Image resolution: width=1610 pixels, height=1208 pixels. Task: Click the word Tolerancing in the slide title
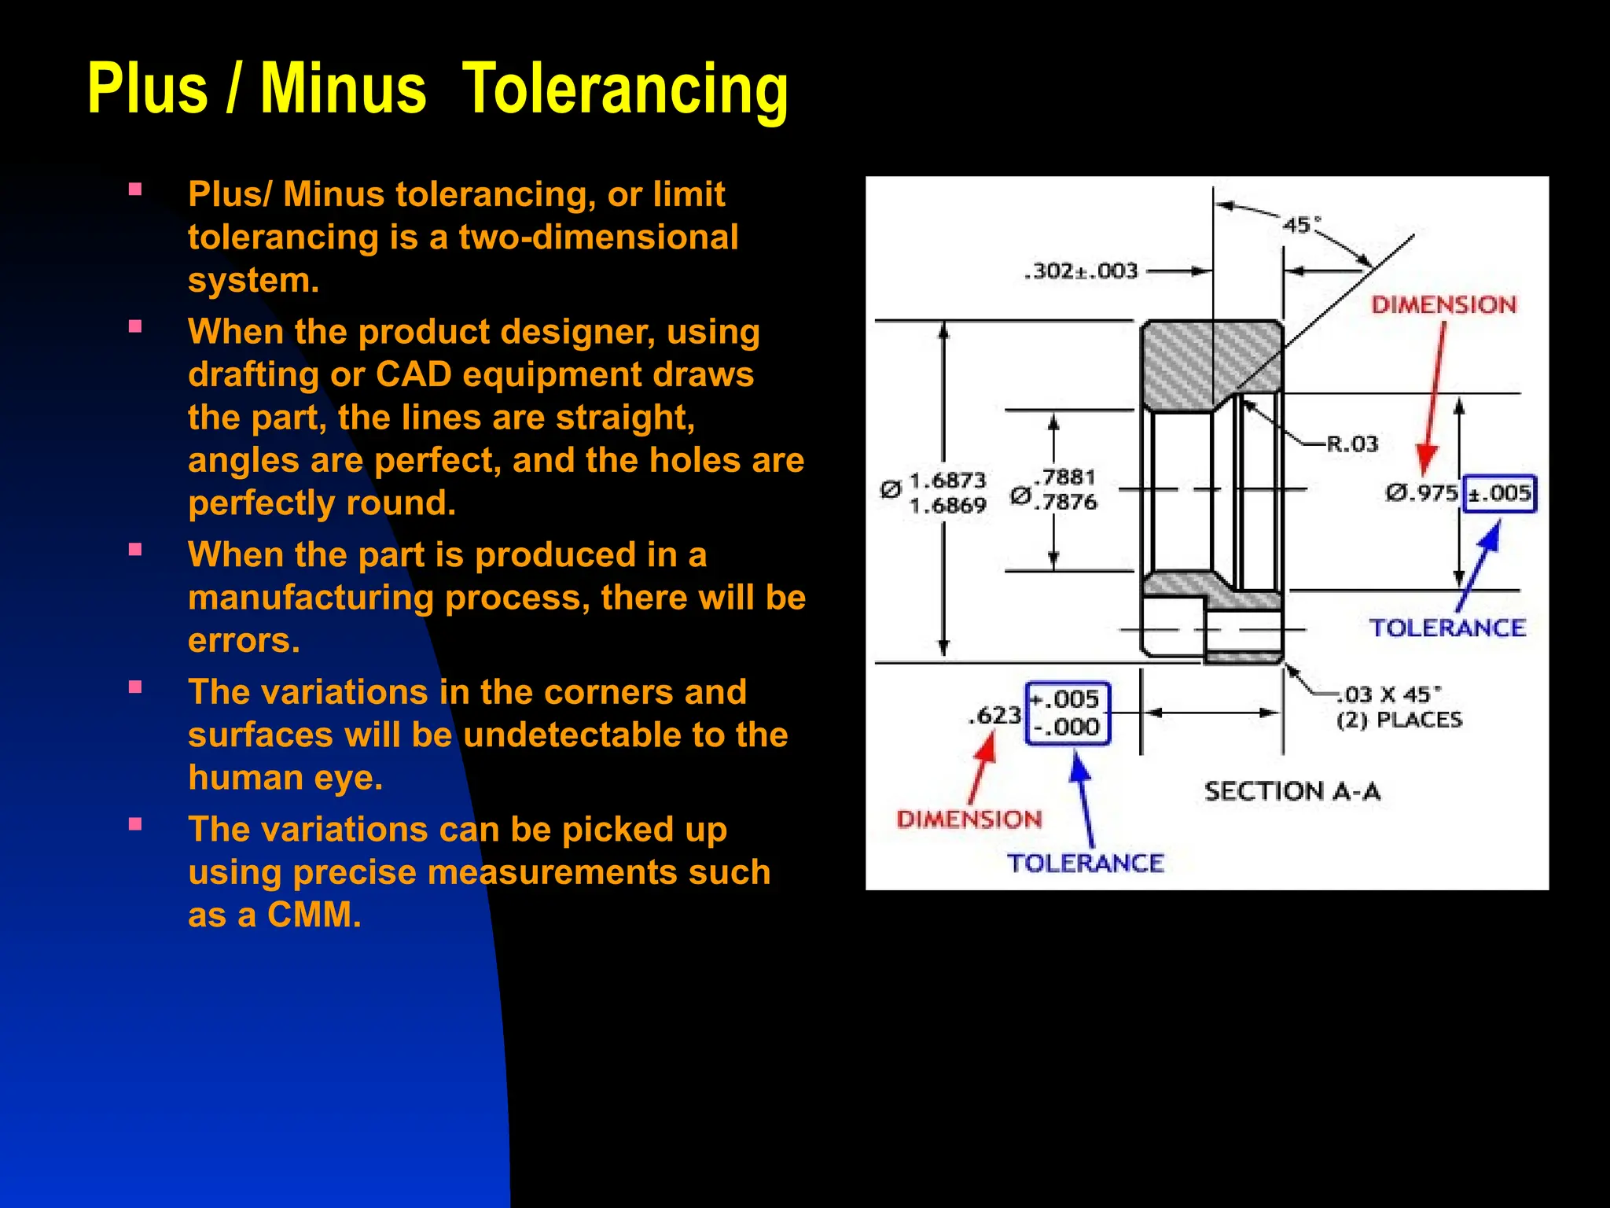625,90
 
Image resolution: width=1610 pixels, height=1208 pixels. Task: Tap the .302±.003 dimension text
1081,271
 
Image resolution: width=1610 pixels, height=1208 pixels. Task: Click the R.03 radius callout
1352,444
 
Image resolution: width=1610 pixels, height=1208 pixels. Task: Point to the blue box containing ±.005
1499,494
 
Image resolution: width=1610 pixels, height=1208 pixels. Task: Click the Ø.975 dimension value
1421,494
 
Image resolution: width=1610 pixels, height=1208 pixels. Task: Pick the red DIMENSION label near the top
1443,305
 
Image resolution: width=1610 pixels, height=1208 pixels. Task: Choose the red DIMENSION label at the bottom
969,819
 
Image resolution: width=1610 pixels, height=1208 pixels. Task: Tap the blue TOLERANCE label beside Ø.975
1447,628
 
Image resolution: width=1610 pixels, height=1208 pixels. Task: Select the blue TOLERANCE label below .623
1085,863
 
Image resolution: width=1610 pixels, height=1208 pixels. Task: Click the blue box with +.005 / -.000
1068,713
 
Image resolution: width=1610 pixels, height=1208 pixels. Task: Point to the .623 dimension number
994,716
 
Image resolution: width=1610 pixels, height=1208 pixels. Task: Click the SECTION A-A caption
1292,791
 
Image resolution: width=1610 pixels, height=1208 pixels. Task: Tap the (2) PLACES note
1399,720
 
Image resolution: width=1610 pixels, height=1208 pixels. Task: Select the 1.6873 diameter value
947,481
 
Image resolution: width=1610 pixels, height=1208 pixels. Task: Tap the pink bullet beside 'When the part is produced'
135,550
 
